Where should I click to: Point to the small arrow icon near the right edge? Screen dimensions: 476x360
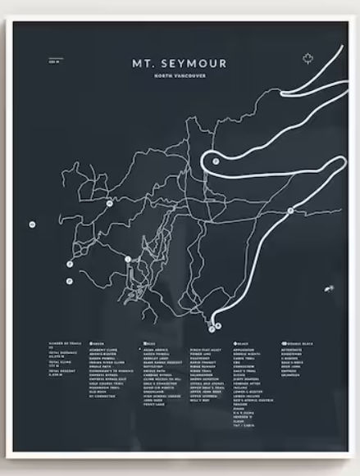pyautogui.click(x=329, y=288)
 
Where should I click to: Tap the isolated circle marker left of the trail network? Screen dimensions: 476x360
pyautogui.click(x=32, y=224)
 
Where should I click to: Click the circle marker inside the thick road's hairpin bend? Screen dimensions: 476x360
pyautogui.click(x=216, y=161)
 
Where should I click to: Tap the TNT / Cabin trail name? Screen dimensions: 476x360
pyautogui.click(x=244, y=433)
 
